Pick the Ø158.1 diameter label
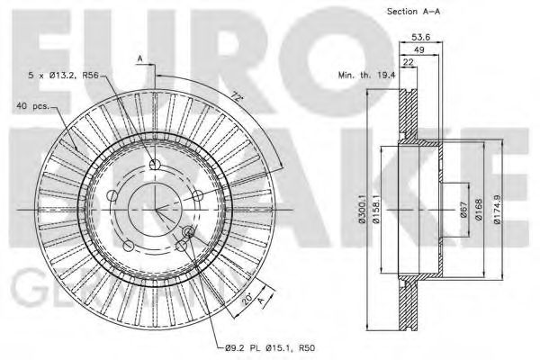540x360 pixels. click(380, 210)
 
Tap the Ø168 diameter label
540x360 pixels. click(477, 209)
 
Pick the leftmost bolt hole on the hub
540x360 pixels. click(112, 196)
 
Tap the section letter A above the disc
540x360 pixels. click(140, 59)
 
